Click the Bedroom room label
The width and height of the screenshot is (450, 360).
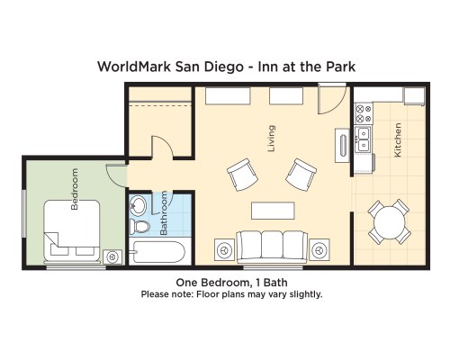(x=75, y=189)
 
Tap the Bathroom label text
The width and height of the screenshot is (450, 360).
(x=164, y=213)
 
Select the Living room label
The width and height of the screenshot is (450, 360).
(x=271, y=139)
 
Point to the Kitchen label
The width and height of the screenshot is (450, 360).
(x=397, y=139)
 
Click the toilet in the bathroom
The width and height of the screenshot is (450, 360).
(x=139, y=226)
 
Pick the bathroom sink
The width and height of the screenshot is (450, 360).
(x=138, y=205)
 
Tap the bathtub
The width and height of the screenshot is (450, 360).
(x=158, y=252)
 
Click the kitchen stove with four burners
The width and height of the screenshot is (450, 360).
(x=364, y=113)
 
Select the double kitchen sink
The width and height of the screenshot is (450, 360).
(x=364, y=139)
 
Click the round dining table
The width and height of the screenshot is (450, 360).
(x=390, y=222)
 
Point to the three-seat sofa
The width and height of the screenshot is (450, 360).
(x=272, y=247)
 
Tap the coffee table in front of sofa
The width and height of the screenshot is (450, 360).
(x=273, y=211)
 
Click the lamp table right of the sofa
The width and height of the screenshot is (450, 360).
(x=319, y=249)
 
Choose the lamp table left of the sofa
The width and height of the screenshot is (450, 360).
(x=225, y=249)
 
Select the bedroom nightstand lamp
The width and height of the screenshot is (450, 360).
(x=112, y=257)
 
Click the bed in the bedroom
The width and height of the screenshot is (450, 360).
(x=72, y=230)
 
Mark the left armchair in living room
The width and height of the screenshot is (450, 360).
(x=242, y=175)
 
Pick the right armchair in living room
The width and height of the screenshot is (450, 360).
(x=301, y=175)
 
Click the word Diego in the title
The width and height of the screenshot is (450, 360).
(x=223, y=67)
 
